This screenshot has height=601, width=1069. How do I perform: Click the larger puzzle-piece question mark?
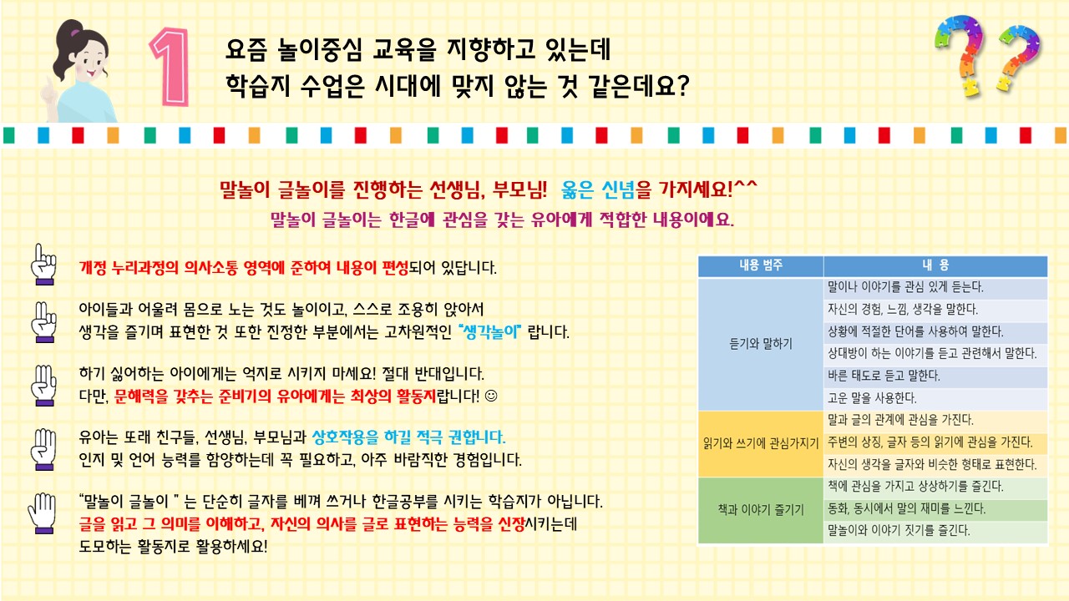coord(960,55)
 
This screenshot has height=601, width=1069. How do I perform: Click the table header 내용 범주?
coord(761,265)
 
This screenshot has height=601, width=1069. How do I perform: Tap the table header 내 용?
coord(935,265)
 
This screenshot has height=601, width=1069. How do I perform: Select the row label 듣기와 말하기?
coord(761,343)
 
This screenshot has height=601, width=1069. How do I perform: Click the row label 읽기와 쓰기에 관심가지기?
coord(761,443)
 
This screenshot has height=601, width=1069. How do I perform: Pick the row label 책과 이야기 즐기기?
coord(761,510)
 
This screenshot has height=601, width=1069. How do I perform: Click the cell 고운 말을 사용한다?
coord(872,398)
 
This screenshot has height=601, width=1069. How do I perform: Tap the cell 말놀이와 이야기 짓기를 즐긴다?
coord(899,530)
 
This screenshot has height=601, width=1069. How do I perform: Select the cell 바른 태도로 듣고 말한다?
coord(884,376)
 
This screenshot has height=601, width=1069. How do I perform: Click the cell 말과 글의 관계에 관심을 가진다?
coord(900,420)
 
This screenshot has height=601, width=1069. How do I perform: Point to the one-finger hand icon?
coord(44,265)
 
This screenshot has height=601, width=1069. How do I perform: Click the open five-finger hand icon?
coord(43,513)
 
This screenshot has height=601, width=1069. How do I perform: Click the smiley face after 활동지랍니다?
coord(490,396)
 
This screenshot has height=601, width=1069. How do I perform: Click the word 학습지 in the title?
coord(258,86)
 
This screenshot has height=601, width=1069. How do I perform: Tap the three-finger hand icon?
coord(44,386)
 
